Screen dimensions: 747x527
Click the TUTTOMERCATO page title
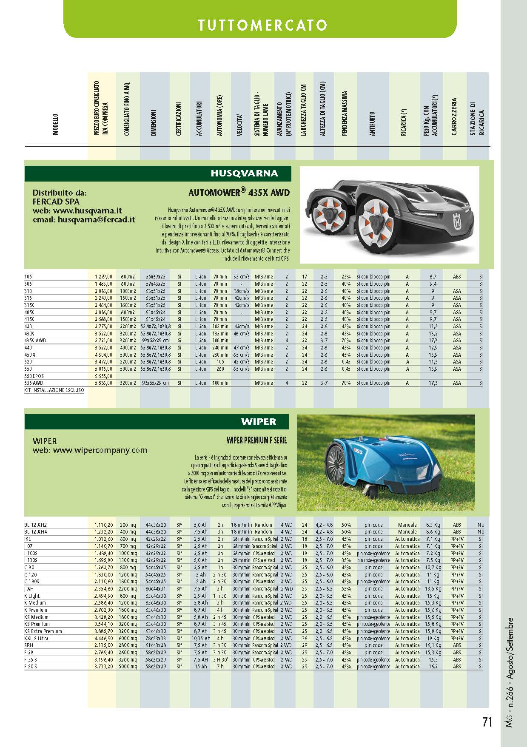point(262,25)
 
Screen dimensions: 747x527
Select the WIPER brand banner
point(258,422)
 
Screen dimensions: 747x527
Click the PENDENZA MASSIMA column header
point(345,113)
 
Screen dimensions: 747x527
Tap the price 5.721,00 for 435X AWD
point(103,341)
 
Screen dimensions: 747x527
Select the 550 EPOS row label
point(34,376)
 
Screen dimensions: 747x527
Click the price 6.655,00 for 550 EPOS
point(103,376)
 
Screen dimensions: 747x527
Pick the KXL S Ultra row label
point(37,638)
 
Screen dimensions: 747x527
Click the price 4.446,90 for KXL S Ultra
point(103,638)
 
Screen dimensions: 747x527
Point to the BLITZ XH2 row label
point(36,525)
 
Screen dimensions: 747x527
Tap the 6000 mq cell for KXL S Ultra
point(128,638)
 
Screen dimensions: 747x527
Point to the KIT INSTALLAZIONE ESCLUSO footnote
point(54,390)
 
